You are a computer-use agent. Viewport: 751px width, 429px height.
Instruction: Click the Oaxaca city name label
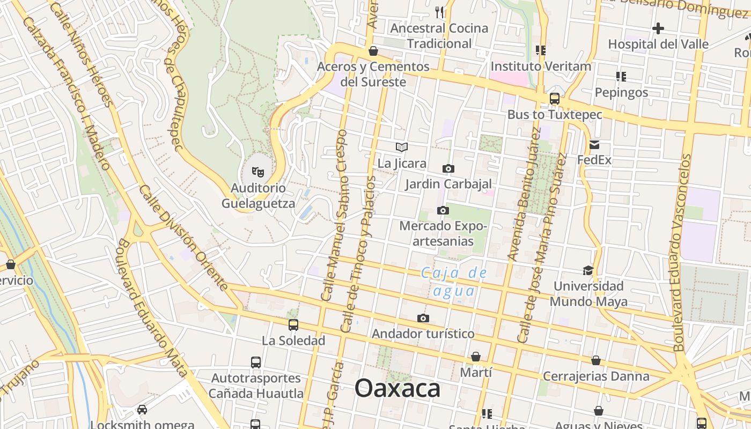(x=397, y=388)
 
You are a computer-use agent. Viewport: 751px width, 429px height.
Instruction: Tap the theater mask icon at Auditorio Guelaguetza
(x=259, y=172)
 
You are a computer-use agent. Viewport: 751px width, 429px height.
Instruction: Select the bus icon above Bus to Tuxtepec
(x=555, y=99)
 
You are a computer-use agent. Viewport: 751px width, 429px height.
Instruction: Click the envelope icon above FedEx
(x=594, y=144)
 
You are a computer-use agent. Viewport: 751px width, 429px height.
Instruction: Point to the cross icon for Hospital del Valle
(x=658, y=28)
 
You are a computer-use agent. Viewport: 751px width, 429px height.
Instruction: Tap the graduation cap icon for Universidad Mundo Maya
(x=588, y=270)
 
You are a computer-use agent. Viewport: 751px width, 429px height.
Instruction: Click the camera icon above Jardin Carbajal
(x=448, y=168)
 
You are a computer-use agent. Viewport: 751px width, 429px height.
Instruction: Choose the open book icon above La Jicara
(x=402, y=147)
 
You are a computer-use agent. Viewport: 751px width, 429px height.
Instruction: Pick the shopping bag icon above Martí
(x=476, y=357)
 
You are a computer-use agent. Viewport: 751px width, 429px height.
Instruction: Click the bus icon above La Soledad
(x=293, y=324)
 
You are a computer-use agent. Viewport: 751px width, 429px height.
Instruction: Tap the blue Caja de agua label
(x=454, y=282)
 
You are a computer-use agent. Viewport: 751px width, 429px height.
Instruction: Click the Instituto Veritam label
(x=541, y=66)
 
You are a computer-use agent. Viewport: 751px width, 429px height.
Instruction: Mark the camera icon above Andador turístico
(x=423, y=318)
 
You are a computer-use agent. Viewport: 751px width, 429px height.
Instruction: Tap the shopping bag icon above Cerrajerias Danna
(x=596, y=360)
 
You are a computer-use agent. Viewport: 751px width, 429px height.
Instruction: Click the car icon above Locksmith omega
(x=142, y=410)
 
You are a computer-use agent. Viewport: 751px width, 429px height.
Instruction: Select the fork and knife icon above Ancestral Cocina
(x=439, y=12)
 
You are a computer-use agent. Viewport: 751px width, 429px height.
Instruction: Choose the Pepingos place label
(x=622, y=92)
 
